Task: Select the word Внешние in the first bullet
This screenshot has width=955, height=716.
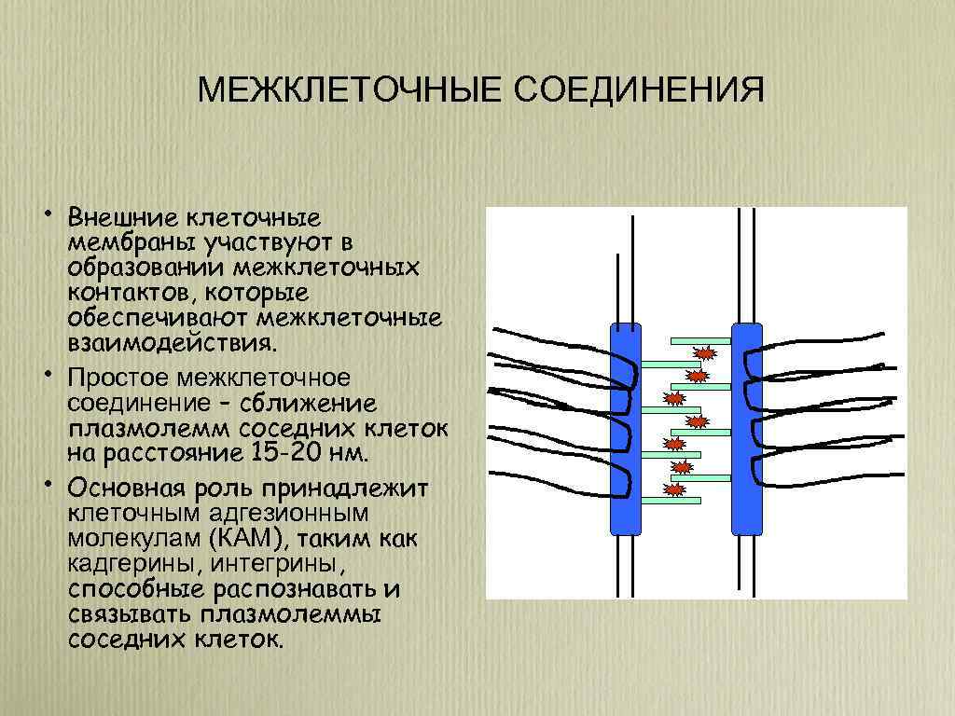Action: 124,218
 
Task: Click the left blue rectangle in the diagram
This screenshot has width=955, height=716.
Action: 625,429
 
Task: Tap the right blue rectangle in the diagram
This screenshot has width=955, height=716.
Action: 747,429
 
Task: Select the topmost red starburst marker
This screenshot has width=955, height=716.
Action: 705,353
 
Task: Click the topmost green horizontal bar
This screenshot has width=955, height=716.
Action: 700,339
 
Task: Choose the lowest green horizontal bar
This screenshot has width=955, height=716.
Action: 671,501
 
